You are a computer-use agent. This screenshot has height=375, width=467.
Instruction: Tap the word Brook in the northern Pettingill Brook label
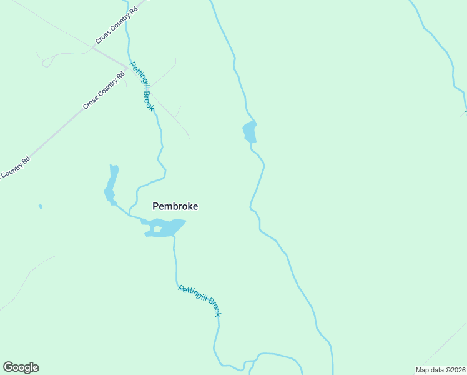[x=148, y=101]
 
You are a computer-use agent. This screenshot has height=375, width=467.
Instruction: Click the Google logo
[x=21, y=367]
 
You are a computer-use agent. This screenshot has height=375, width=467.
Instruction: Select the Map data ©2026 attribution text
[x=440, y=370]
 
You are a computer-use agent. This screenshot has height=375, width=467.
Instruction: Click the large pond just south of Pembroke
[x=167, y=226]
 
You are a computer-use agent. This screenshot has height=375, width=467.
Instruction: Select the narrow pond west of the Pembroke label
[x=111, y=184]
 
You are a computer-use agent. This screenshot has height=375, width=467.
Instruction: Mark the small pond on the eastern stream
[x=250, y=132]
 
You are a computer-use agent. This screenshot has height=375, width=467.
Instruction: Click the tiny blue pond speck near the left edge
[x=41, y=206]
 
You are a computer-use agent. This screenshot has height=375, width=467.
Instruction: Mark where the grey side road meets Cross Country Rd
[x=93, y=47]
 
